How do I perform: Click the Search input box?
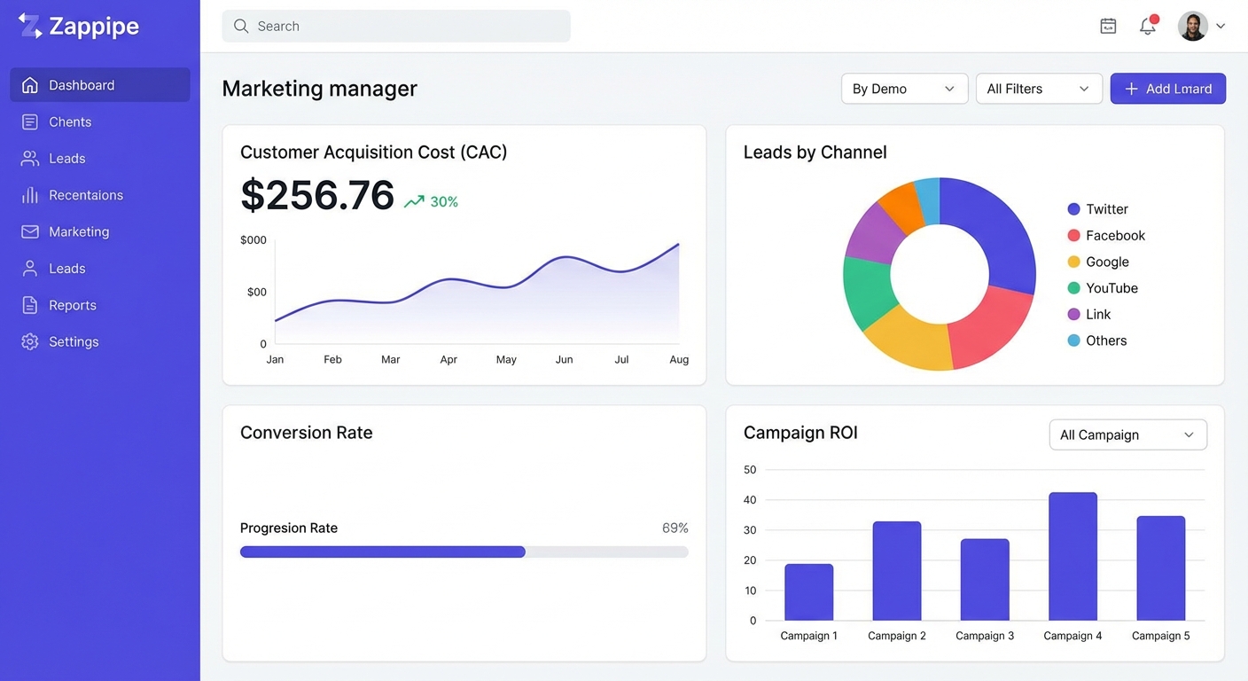(395, 27)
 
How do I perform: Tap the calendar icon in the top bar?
(1108, 27)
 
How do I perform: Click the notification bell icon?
(1148, 26)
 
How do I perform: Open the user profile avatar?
(1192, 27)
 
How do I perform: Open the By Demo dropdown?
(904, 89)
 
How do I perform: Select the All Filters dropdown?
(1039, 89)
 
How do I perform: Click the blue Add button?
(1167, 89)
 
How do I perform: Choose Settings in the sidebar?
(74, 342)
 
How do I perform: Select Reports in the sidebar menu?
(72, 305)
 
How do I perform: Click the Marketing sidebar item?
(79, 232)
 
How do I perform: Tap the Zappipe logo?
(79, 27)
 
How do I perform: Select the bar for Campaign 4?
(1072, 557)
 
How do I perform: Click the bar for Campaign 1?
(808, 592)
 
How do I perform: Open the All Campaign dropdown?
(1127, 434)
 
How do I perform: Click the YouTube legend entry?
(1111, 288)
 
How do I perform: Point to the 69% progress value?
(675, 528)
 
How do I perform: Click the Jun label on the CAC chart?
(564, 360)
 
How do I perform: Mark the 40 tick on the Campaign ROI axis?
(750, 500)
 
